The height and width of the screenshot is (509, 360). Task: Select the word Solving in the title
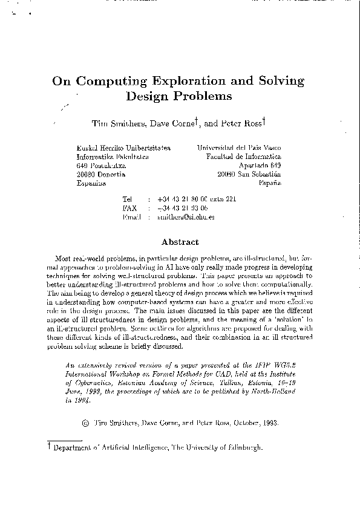278,81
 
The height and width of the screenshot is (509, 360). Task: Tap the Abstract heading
180,242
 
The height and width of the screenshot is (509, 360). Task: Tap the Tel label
127,199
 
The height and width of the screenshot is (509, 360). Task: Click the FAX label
129,207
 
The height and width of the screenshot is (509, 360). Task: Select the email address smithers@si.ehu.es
185,216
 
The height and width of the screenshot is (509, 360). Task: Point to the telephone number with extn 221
196,199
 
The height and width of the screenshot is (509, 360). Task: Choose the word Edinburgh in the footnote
241,448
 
